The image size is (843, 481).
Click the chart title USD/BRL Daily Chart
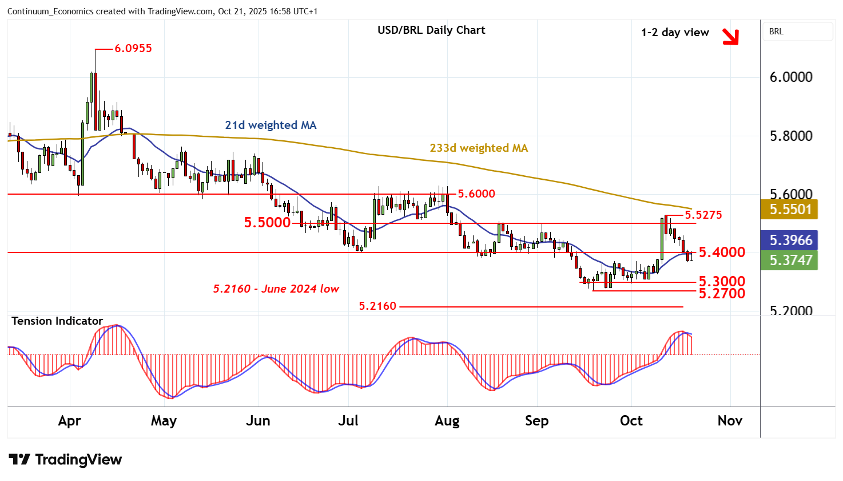[x=431, y=30]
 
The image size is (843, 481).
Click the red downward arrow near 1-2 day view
[x=730, y=37]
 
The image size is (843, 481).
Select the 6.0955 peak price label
[x=133, y=49]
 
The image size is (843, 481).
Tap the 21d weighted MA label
[x=271, y=125]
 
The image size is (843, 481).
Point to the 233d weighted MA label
[x=479, y=148]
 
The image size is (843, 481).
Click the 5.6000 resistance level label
[x=476, y=194]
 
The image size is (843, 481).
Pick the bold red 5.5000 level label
[x=267, y=223]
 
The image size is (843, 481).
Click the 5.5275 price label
[x=703, y=215]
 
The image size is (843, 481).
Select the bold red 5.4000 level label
[x=722, y=252]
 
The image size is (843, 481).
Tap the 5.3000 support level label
[x=722, y=281]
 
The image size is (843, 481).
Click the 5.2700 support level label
[x=722, y=294]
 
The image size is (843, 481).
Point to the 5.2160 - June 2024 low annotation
[x=276, y=289]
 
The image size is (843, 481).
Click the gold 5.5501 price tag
[x=790, y=209]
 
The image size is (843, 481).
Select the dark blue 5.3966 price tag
[x=790, y=240]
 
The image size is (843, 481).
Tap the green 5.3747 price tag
[x=790, y=260]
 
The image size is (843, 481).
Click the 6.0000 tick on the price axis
[x=791, y=77]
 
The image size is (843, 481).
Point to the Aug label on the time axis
[x=447, y=421]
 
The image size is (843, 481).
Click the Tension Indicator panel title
[x=57, y=321]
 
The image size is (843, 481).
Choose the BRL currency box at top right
[x=797, y=31]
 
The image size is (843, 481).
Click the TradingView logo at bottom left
[x=65, y=459]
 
